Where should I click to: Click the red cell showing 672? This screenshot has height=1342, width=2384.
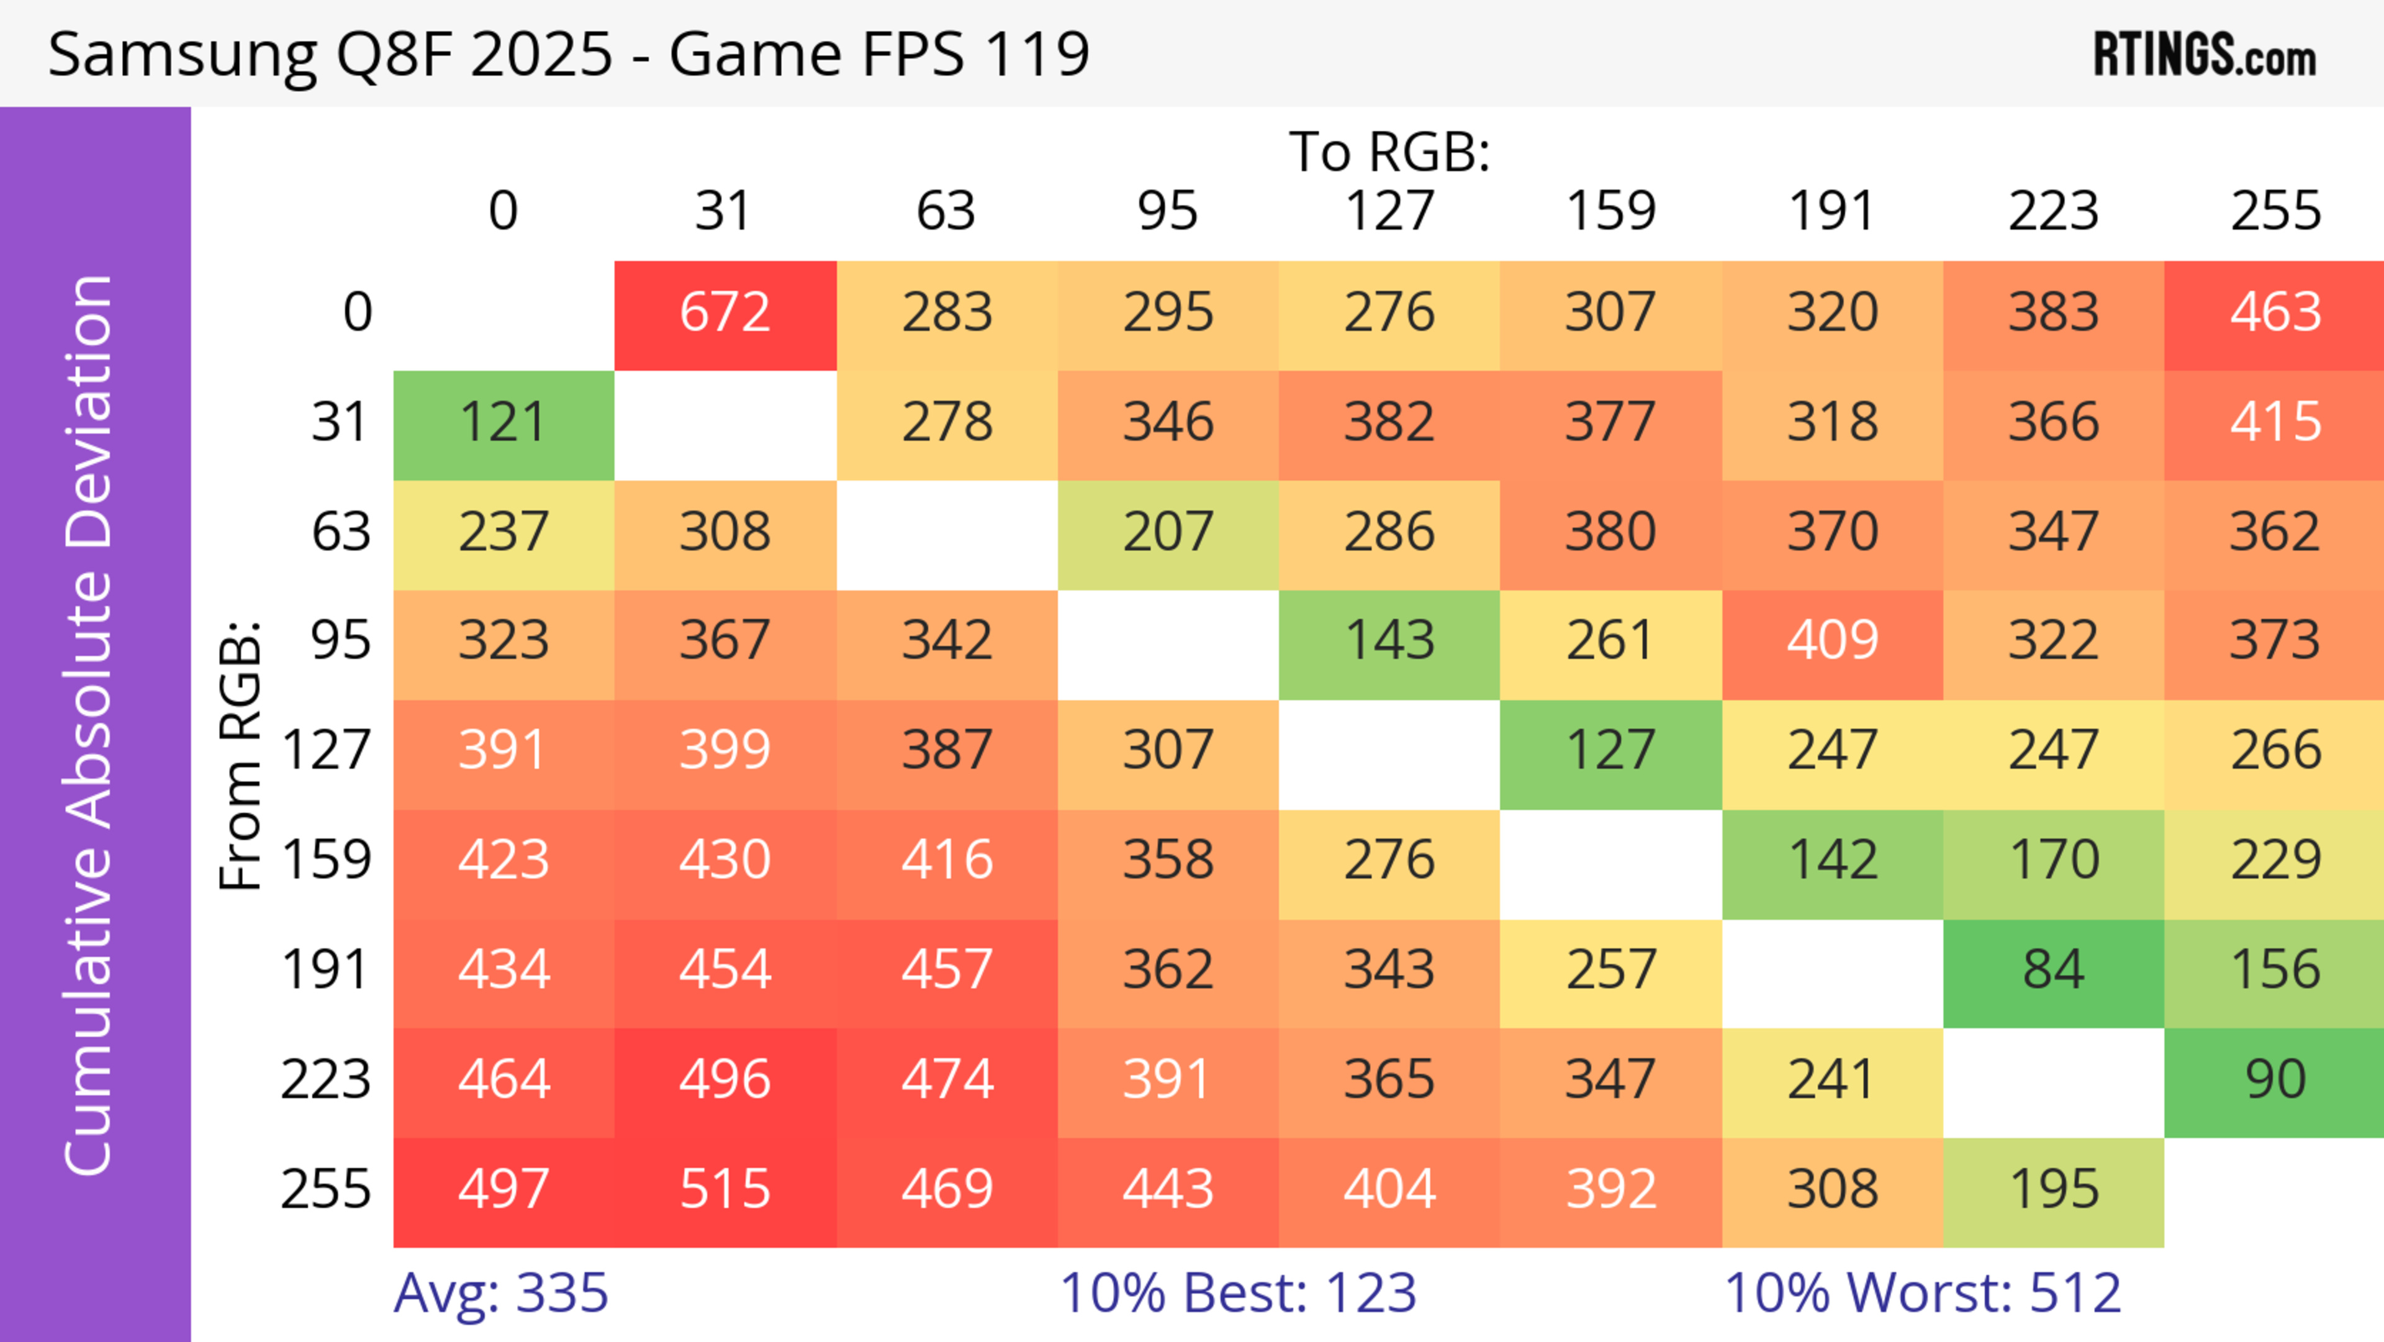[725, 313]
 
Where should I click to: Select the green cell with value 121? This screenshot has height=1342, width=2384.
[503, 423]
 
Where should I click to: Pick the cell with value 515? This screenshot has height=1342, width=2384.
[725, 1189]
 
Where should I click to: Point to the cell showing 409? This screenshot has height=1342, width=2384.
[1831, 640]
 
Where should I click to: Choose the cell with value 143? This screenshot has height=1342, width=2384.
[1389, 640]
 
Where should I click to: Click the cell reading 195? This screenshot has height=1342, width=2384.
[2052, 1189]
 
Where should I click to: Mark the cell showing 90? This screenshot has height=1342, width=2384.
[2275, 1080]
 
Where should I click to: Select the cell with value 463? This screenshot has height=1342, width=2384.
[2275, 313]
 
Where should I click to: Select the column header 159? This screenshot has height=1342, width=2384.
[1610, 211]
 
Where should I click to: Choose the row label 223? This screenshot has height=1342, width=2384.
[326, 1080]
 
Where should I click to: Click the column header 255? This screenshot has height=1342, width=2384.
[2275, 211]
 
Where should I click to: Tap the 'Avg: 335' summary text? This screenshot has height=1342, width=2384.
[500, 1293]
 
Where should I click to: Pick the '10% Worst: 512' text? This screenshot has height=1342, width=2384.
[1922, 1293]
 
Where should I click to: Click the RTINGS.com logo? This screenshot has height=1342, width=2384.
[2205, 55]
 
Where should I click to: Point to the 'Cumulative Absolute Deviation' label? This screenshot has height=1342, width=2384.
[90, 725]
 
